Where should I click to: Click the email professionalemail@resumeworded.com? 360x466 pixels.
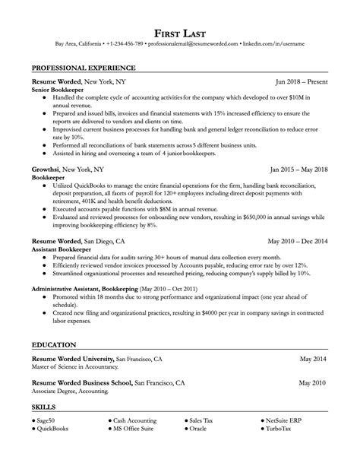189,44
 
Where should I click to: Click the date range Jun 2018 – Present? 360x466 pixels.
302,80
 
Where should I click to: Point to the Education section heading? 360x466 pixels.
55,344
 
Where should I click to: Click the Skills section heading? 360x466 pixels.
44,407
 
